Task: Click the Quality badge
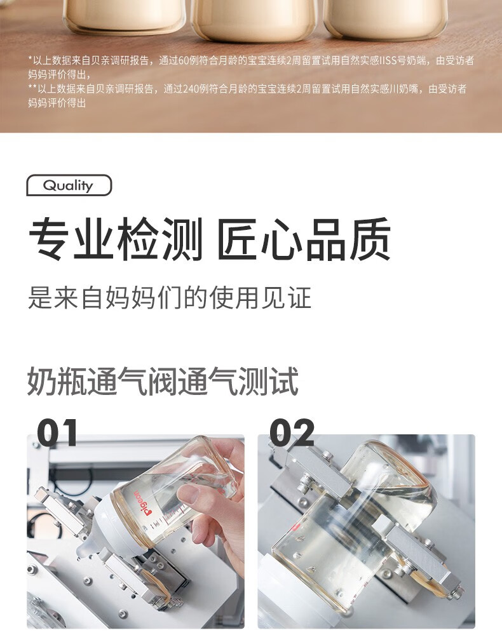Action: pyautogui.click(x=69, y=185)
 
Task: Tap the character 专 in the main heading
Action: pyautogui.click(x=48, y=239)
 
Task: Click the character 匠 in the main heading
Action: pyautogui.click(x=237, y=239)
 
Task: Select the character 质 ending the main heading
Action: pyautogui.click(x=370, y=239)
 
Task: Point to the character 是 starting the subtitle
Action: pyautogui.click(x=40, y=298)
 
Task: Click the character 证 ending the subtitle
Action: pyautogui.click(x=299, y=298)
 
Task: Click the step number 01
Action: pyautogui.click(x=57, y=432)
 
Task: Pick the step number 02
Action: pyautogui.click(x=292, y=432)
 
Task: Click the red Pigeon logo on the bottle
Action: pyautogui.click(x=141, y=503)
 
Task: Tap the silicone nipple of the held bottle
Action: pyautogui.click(x=88, y=538)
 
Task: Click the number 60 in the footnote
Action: pyautogui.click(x=184, y=61)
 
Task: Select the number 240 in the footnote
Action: pyautogui.click(x=191, y=89)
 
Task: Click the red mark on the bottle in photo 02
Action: pyautogui.click(x=294, y=527)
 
